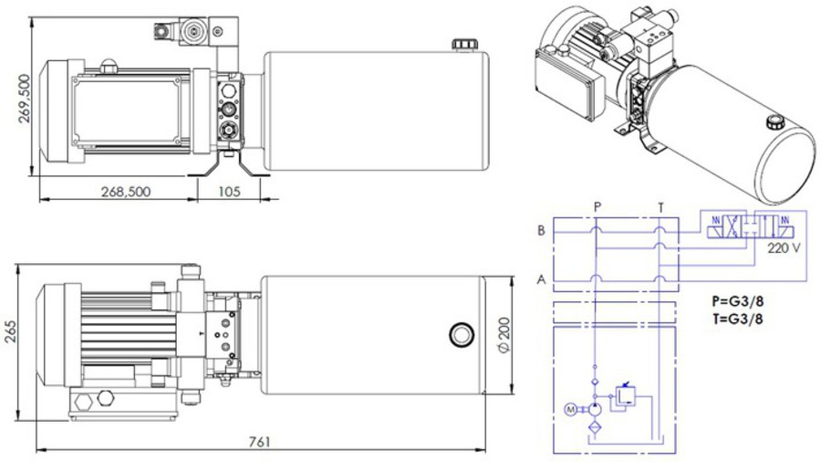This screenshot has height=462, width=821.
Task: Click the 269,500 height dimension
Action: [x=25, y=99]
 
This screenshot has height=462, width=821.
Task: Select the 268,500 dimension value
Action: [x=126, y=192]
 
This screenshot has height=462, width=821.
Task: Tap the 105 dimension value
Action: [x=229, y=192]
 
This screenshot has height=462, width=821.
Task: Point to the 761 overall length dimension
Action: [x=260, y=442]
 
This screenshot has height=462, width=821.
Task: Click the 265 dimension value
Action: [x=10, y=331]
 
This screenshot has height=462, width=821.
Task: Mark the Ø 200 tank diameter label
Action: [x=504, y=335]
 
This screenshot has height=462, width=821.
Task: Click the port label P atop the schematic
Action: [x=598, y=207]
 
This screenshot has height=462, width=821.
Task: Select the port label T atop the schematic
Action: [x=660, y=208]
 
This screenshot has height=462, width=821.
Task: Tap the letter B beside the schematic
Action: [x=541, y=230]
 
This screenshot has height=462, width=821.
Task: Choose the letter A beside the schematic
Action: [x=541, y=280]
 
